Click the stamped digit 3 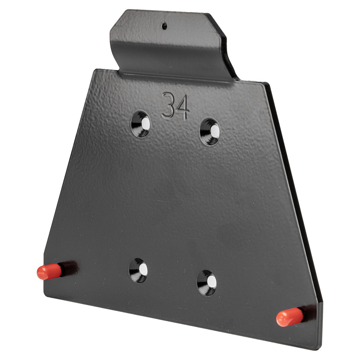(168, 105)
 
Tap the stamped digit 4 (182, 107)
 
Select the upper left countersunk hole (140, 124)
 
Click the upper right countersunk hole (210, 132)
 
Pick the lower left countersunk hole (138, 270)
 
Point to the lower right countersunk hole (207, 283)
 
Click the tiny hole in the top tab (164, 26)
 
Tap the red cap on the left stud (49, 271)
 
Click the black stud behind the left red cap (69, 269)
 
